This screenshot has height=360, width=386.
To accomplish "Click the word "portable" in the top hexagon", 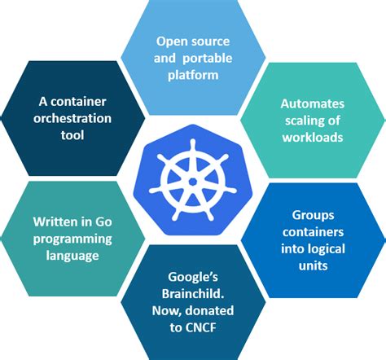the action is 208,59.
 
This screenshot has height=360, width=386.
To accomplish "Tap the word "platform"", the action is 193,76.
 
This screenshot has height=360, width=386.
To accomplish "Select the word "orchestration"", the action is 72,119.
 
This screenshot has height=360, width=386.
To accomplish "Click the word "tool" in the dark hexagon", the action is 72,135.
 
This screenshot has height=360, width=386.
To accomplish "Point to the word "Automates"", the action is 313,104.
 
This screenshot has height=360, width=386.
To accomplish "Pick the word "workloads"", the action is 313,138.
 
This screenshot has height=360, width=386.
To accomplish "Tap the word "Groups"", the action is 313,216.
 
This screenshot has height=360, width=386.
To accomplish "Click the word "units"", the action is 313,266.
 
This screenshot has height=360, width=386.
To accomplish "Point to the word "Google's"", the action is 193,278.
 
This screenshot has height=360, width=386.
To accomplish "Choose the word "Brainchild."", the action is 193,294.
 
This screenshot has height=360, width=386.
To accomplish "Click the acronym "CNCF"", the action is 201,327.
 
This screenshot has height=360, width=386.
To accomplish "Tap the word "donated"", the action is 209,311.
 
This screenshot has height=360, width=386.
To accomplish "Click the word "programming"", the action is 72,239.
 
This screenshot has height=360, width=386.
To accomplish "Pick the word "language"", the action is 72,256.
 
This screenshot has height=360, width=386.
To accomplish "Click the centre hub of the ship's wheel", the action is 193,182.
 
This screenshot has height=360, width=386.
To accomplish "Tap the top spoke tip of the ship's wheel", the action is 193,141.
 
